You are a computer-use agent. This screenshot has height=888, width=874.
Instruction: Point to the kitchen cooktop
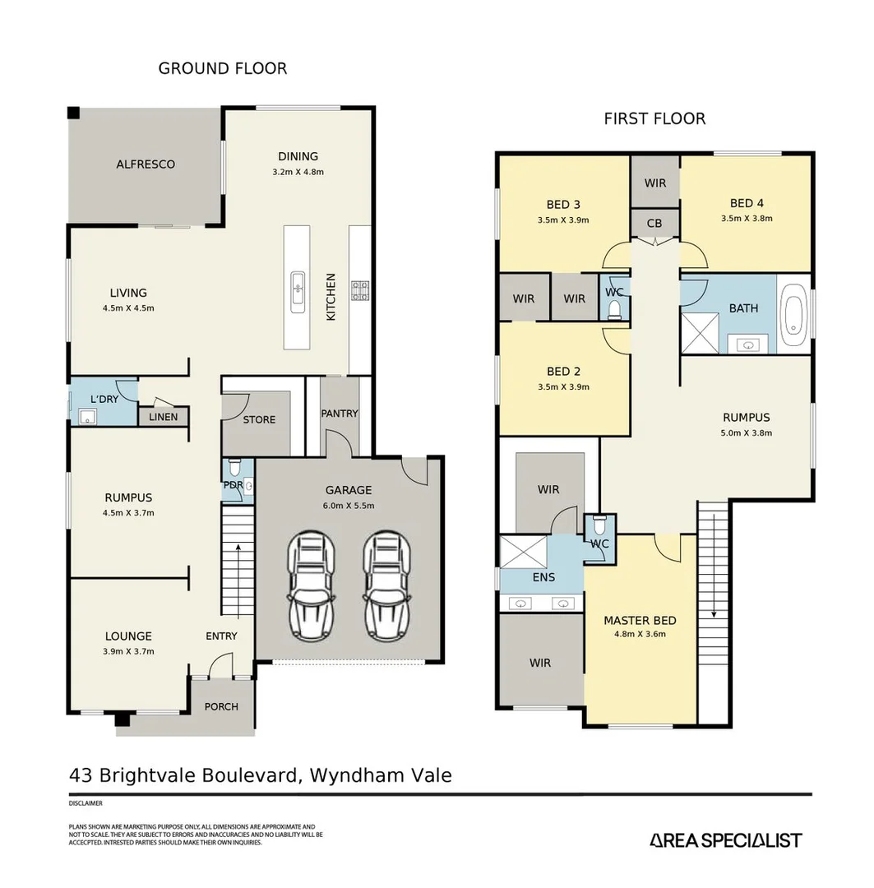360,289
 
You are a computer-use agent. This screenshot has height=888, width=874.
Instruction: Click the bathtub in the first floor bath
793,315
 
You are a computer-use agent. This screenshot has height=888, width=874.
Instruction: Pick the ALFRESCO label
146,164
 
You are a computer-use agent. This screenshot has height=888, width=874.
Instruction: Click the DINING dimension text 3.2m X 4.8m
298,173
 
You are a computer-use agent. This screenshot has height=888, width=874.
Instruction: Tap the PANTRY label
340,413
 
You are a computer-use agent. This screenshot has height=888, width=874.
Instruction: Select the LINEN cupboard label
164,417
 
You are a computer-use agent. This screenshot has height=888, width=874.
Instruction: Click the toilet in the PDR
234,468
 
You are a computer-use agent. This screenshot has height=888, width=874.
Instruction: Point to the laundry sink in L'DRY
87,418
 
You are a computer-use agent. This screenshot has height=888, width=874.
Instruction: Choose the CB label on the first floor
654,223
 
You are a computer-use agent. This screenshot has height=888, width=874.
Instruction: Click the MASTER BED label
640,620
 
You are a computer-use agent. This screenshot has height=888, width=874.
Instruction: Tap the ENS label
543,577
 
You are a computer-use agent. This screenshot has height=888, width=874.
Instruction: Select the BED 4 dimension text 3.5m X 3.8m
747,219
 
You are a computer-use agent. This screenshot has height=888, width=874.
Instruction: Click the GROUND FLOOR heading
223,68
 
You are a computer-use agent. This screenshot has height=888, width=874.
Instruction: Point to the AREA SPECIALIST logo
725,839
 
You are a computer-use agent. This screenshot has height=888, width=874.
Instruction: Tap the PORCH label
221,706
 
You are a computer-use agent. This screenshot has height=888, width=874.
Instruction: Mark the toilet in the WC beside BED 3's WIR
614,309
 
